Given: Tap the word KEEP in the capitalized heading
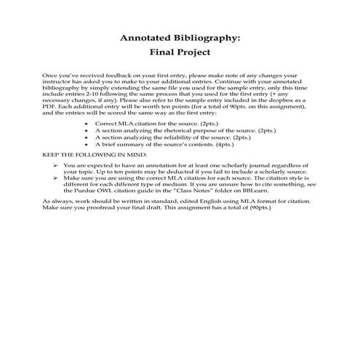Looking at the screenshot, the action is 53,154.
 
